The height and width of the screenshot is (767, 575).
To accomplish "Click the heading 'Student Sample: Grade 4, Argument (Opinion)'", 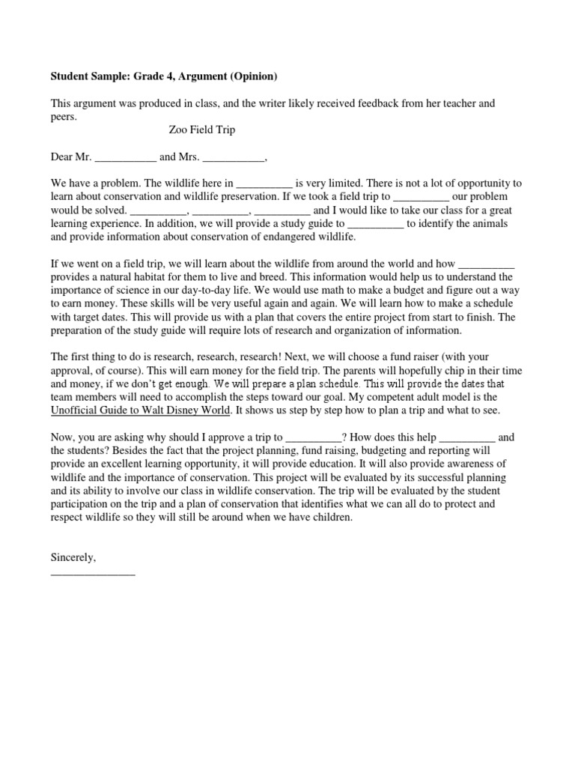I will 163,76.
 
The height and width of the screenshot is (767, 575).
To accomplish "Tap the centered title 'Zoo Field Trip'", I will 201,130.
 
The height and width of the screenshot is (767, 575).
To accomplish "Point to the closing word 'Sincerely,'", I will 73,557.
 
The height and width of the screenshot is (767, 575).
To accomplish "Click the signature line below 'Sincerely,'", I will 92,573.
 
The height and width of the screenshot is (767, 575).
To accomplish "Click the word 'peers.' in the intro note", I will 64,117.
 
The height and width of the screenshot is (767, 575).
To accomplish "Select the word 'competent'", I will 389,397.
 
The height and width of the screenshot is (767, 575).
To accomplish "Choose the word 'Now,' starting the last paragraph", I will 63,437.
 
